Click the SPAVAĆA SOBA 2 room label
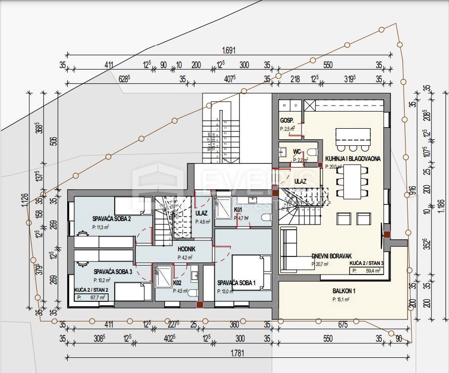112,219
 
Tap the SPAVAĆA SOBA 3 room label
113,272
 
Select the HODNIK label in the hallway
186,249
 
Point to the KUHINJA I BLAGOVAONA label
353,158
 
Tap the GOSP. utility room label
287,121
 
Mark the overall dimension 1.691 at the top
229,50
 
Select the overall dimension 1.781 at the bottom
236,354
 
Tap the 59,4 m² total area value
374,271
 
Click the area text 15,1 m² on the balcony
341,299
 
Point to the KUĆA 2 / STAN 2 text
91,290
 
